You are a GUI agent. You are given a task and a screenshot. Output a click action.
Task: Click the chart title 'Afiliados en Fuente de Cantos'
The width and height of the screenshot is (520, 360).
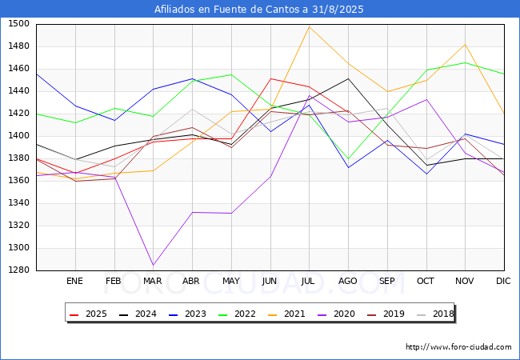click(x=260, y=10)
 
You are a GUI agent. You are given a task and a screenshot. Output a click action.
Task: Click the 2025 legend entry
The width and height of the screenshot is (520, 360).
click(x=87, y=314)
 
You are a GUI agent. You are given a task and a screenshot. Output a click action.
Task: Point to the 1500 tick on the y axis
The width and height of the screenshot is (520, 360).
click(x=18, y=24)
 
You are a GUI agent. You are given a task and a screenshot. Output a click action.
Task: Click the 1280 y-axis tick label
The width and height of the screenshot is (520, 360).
click(x=18, y=270)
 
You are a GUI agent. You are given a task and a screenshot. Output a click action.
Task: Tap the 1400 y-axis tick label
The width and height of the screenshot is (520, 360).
click(x=18, y=136)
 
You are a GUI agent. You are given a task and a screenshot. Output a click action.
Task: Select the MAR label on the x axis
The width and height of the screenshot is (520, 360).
click(x=152, y=281)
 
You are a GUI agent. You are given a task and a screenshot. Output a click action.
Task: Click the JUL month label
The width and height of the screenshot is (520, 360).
click(x=309, y=281)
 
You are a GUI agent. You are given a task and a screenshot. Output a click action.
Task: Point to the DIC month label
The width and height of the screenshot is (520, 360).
click(x=503, y=281)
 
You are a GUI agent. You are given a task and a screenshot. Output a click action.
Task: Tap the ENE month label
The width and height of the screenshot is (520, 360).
click(x=74, y=281)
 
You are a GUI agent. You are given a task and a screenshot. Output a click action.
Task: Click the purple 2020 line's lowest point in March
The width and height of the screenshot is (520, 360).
click(x=153, y=265)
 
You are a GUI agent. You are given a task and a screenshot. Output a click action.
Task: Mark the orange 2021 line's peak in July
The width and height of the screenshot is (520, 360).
click(x=309, y=27)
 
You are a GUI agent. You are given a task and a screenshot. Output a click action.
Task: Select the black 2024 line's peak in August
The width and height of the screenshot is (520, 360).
click(x=348, y=78)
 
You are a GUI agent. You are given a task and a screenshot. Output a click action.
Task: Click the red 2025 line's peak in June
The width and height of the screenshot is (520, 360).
click(x=270, y=78)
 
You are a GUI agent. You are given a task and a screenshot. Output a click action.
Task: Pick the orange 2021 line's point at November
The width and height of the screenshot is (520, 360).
click(x=465, y=45)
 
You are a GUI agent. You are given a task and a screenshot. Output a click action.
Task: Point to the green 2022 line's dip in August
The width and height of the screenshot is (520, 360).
click(x=348, y=158)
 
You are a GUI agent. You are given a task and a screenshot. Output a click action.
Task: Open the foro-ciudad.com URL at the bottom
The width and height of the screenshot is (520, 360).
click(x=458, y=347)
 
